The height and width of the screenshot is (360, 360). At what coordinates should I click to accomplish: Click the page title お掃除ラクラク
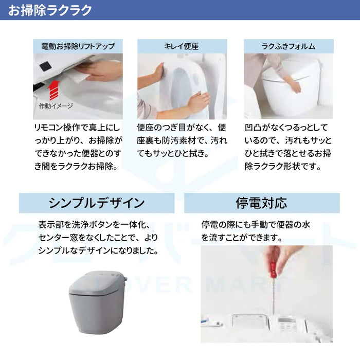pos(50,10)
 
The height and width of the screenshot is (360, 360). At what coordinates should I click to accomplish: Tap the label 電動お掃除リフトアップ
pos(78,46)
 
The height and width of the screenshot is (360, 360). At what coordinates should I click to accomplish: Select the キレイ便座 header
pos(182,46)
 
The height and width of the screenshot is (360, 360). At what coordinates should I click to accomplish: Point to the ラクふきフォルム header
pos(289,46)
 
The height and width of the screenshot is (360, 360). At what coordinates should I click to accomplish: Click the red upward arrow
pos(53,90)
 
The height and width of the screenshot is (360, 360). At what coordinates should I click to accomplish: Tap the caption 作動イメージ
pos(56,106)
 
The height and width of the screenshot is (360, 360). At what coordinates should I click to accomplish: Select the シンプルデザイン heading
pos(97,203)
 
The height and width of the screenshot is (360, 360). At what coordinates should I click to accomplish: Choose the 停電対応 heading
pos(261,203)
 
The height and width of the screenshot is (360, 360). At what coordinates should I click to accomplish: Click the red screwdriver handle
pos(273,268)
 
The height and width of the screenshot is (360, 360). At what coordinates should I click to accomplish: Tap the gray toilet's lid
pos(97,283)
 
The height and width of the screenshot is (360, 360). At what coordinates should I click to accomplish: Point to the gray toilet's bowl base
pos(97,315)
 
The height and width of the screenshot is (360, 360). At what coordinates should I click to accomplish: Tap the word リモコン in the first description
pos(48,128)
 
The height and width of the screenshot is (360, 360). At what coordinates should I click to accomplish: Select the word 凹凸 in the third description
pos(253,128)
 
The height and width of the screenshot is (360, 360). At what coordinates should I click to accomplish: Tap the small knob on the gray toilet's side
pos(125,279)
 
